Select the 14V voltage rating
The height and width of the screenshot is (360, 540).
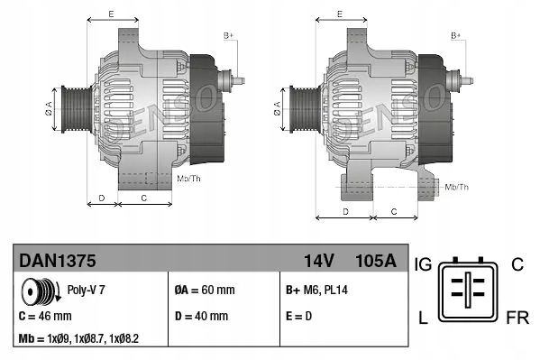point(319,261)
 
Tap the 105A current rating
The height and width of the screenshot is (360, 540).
point(376,261)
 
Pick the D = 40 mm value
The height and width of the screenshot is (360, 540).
point(200,317)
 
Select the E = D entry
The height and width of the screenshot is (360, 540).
point(301,317)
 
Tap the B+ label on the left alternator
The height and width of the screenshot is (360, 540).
point(228,34)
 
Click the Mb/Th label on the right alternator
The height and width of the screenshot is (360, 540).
point(457,187)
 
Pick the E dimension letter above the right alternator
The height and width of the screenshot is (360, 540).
point(338,14)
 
